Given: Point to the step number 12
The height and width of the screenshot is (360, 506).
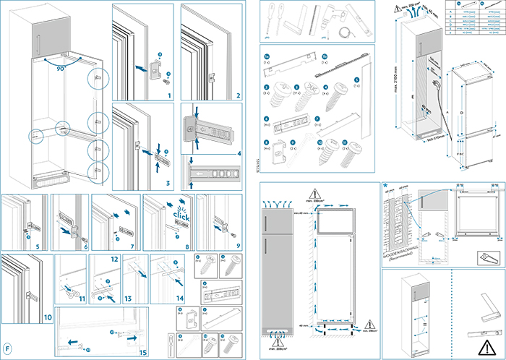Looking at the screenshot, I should point(114,259).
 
